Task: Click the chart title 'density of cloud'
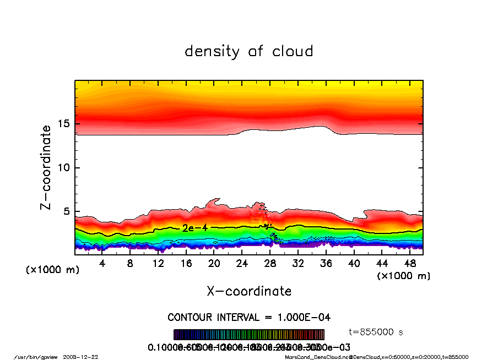click(x=249, y=52)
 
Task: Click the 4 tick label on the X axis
click(x=102, y=264)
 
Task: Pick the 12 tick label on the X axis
click(x=158, y=264)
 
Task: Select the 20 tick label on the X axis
click(x=214, y=264)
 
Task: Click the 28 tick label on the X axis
click(x=270, y=264)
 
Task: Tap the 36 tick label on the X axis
click(x=326, y=264)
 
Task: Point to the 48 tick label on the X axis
click(x=409, y=264)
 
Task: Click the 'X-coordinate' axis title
click(x=249, y=291)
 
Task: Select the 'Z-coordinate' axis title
click(x=46, y=167)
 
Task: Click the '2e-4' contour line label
click(x=194, y=227)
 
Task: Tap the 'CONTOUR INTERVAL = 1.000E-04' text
click(x=249, y=318)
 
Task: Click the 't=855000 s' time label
click(x=377, y=332)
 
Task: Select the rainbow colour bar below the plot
click(x=249, y=335)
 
